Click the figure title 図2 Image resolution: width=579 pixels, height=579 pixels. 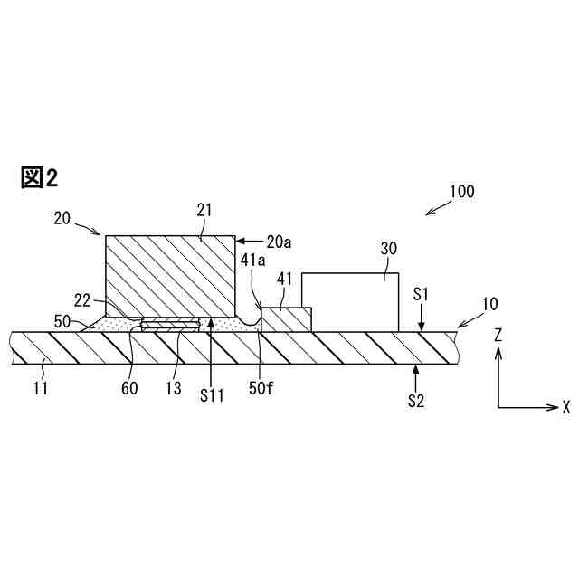pos(39,178)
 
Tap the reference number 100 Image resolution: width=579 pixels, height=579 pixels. pos(460,192)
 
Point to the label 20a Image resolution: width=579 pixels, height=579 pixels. pos(280,242)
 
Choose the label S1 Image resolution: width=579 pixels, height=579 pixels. pos(422,295)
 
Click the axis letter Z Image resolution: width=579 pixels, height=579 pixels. pos(498,336)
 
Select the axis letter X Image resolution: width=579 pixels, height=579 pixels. pos(566,407)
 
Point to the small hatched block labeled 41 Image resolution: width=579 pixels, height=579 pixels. pos(286,319)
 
